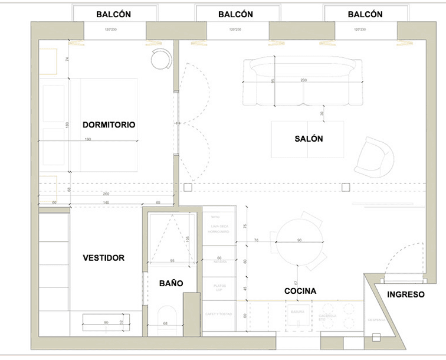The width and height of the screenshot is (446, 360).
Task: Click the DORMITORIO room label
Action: pos(109,125)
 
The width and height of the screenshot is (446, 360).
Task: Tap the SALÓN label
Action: pos(309,139)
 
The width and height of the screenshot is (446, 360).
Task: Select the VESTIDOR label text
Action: pos(104,258)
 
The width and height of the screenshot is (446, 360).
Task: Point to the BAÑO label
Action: pos(171,283)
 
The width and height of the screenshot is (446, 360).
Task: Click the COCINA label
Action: pos(300,291)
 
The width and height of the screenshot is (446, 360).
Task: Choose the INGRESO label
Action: pos(406,294)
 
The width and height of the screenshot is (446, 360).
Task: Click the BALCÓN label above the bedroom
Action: pos(114,14)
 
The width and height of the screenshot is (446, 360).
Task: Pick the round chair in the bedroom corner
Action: pos(160,59)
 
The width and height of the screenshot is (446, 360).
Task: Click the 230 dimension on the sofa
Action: pos(303,80)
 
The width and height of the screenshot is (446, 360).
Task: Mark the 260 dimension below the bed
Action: pos(106,194)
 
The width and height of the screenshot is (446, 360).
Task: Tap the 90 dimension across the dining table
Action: pos(299,240)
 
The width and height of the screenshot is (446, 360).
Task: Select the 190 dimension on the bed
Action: pos(88,139)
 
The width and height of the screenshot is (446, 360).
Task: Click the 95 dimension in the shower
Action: pos(172,260)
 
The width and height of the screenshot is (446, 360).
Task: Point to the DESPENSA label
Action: pos(377,320)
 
